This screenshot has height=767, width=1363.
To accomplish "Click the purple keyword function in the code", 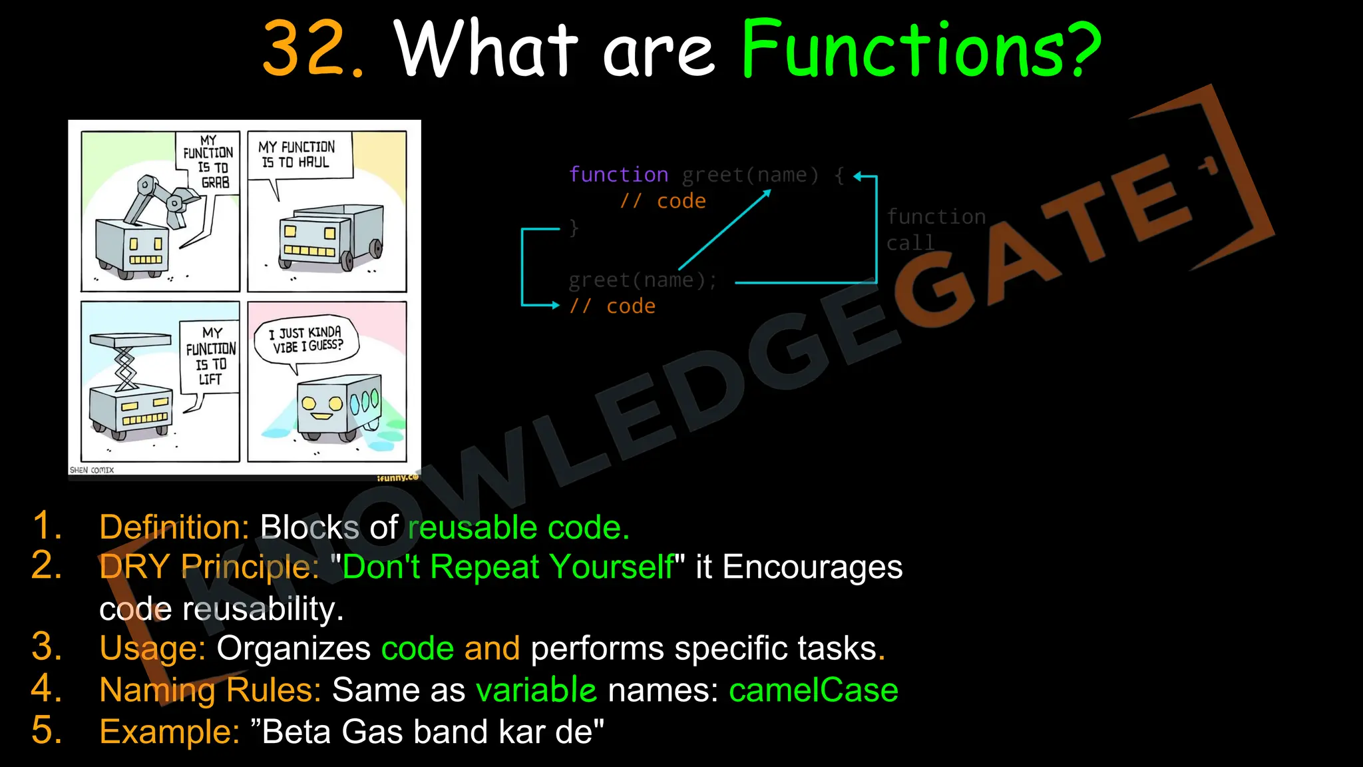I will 618,174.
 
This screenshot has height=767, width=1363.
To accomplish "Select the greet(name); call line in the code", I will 642,280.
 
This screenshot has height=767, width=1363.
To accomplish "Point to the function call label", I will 935,230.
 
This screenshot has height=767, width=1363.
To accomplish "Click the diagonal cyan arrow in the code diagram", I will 724,230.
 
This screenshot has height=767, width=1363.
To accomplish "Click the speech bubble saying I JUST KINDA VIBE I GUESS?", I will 306,339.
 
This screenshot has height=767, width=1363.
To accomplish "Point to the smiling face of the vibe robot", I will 321,407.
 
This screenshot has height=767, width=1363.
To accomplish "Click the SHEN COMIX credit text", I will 92,470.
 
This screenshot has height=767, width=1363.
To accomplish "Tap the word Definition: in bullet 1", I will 174,527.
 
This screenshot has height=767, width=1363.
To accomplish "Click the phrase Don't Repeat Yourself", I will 508,567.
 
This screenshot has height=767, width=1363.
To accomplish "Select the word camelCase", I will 813,690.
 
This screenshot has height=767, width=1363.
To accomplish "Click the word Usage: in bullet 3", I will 152,648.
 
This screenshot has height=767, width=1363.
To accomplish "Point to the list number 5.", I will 47,730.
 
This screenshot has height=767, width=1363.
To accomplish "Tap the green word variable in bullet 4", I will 536,690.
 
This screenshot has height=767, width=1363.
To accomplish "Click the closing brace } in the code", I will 574,228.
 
